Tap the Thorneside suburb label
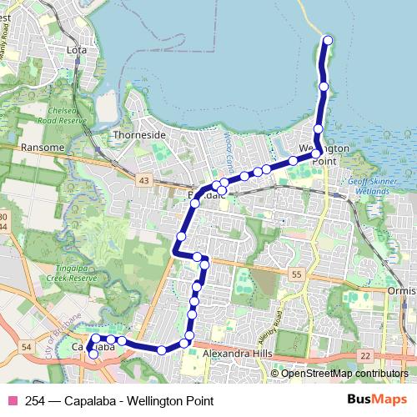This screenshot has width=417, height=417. click(x=140, y=134)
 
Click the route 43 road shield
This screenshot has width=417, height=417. click(x=144, y=180)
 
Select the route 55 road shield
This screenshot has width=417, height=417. click(x=295, y=274)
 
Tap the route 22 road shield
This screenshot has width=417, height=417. click(x=364, y=356)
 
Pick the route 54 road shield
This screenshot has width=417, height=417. click(x=26, y=346)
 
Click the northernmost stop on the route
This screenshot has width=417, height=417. click(x=328, y=40)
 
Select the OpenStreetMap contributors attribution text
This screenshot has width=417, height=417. click(x=344, y=374)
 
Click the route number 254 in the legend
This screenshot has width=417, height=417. click(x=36, y=400)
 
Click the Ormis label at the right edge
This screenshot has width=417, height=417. click(x=401, y=291)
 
